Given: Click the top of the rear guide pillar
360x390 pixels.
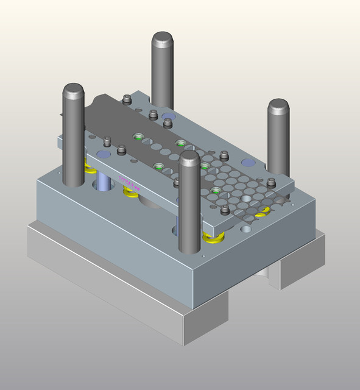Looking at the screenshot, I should coord(162,41).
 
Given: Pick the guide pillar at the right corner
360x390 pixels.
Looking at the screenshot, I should coord(278,137).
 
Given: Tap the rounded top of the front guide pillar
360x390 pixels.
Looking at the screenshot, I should coord(190,160).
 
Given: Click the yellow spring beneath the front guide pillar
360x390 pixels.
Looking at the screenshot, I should coord(212,238).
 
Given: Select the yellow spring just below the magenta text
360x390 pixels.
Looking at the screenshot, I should coord(130,193).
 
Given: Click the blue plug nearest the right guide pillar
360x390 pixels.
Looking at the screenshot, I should coord(248,163).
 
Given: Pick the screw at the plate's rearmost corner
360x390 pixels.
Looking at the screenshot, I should coord(127,99).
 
